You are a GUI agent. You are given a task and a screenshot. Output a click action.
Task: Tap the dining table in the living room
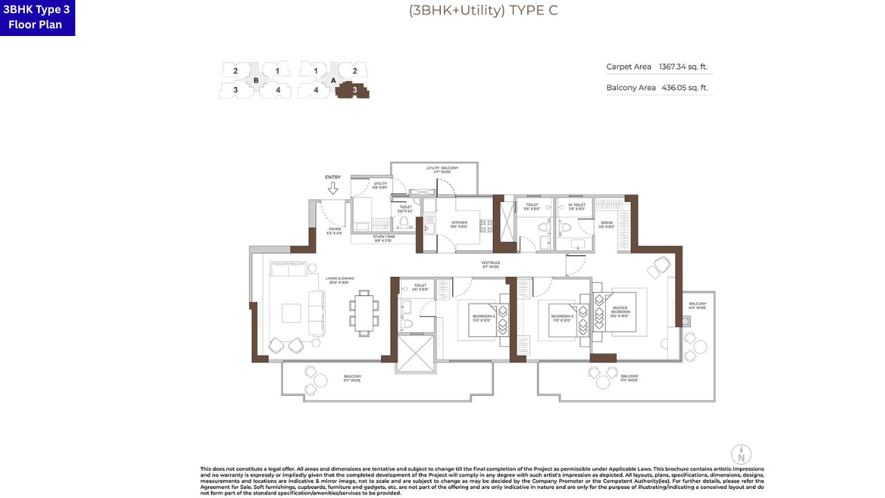(x=364, y=312)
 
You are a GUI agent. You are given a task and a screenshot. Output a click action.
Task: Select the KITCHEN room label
(x=459, y=224)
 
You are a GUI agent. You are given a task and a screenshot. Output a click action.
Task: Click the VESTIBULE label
(x=491, y=264)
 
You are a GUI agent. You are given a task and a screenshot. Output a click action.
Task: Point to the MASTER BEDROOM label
(x=619, y=311)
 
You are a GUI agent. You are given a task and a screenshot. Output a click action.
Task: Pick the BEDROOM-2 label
(x=563, y=317)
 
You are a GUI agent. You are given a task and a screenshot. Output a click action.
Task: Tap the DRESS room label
(x=606, y=224)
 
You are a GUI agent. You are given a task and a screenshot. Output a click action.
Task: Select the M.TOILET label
(x=577, y=205)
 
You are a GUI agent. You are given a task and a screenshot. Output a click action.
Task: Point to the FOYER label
(x=335, y=230)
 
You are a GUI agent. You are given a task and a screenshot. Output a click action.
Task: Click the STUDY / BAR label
(x=384, y=238)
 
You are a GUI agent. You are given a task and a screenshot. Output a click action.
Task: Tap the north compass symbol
(x=740, y=454)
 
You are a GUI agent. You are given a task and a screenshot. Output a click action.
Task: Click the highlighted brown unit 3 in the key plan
(x=354, y=90)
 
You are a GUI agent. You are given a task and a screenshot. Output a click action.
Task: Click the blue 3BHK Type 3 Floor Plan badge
(x=37, y=17)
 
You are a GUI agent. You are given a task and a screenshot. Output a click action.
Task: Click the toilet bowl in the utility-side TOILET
(x=404, y=223)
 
